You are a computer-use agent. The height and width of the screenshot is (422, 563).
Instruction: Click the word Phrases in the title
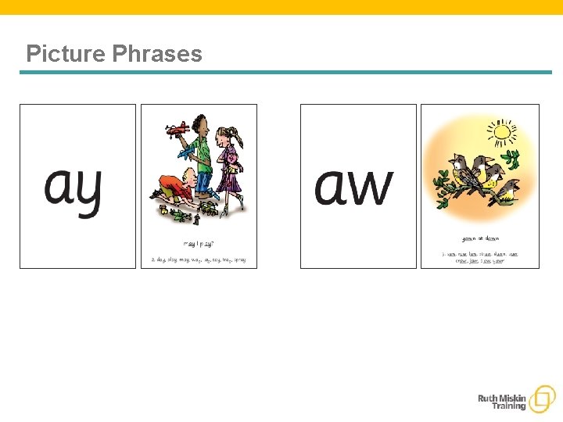point(157,54)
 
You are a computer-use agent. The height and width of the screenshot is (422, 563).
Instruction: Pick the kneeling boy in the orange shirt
point(174,188)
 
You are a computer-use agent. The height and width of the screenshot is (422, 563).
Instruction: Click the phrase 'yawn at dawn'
point(479,238)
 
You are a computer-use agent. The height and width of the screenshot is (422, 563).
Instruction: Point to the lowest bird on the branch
point(507,191)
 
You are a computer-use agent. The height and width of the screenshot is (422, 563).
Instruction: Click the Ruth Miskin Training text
point(502,402)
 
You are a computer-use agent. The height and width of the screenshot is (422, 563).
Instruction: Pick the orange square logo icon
point(541,399)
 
